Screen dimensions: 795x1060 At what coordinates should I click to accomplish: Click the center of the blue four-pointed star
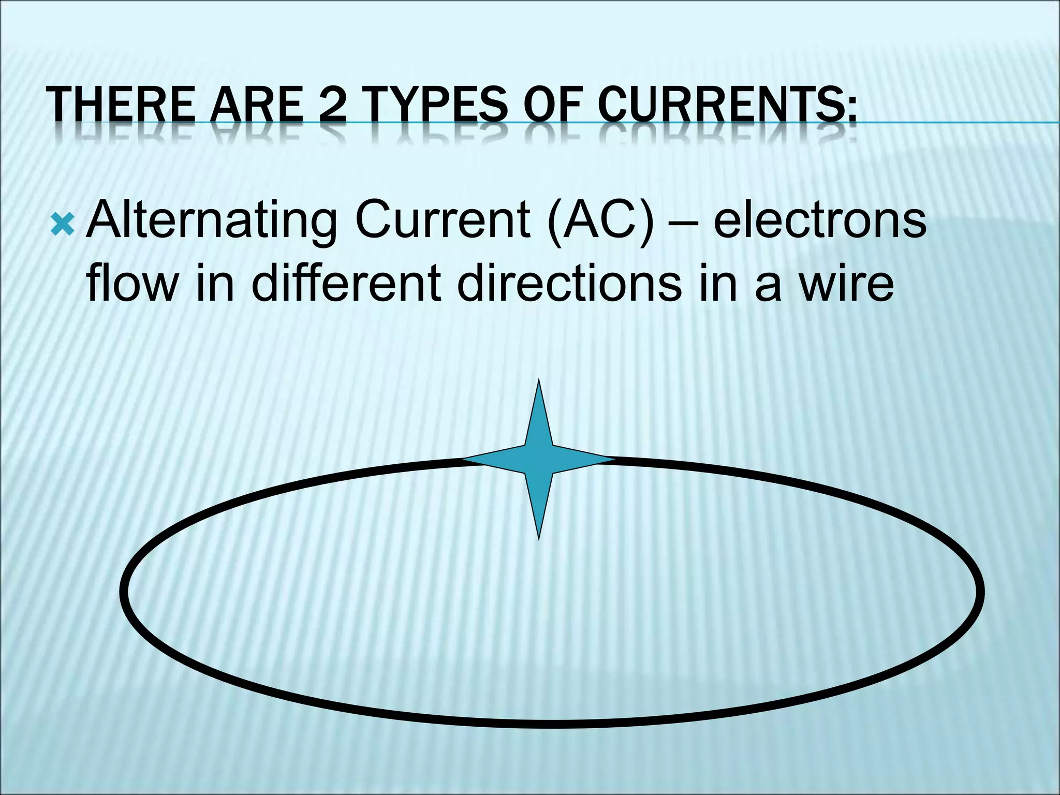tap(539, 459)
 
